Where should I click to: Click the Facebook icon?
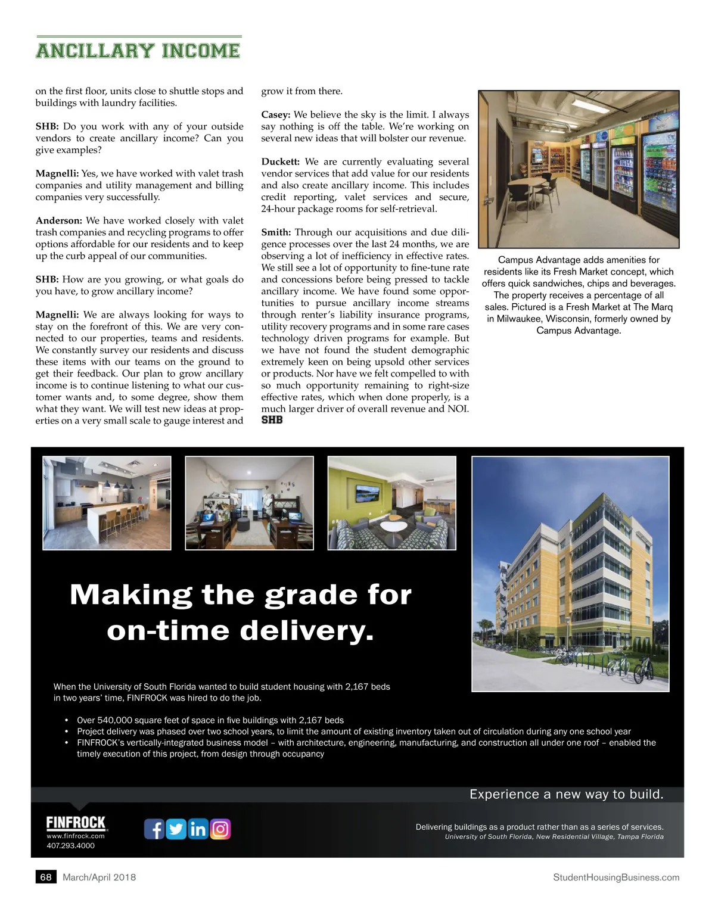[154, 829]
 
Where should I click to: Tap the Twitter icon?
[176, 829]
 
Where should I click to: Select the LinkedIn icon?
[198, 829]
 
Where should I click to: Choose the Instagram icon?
[220, 829]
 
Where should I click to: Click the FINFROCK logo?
[76, 823]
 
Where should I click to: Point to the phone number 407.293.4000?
[70, 845]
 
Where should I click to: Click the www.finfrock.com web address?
[76, 836]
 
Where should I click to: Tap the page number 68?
[46, 877]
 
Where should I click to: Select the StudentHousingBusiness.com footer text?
[616, 877]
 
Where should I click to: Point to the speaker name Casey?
[275, 114]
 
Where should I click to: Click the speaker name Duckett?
[280, 161]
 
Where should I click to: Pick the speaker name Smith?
[276, 232]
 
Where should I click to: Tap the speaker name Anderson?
[59, 220]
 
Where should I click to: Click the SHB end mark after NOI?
[272, 420]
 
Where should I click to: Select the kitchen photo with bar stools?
[107, 503]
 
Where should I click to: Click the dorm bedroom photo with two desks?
[249, 503]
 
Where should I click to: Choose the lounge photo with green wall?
[391, 503]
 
